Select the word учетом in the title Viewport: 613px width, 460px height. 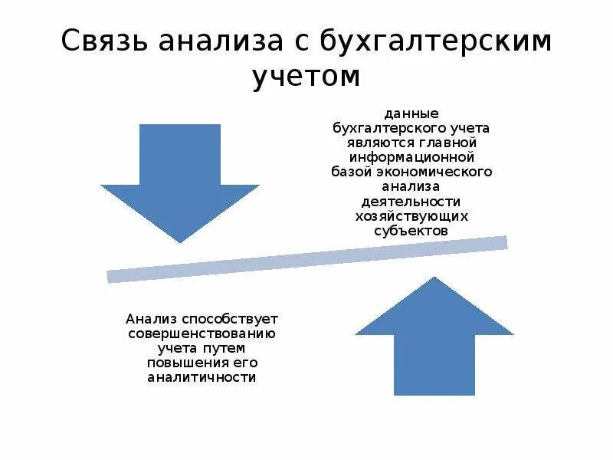click(306, 77)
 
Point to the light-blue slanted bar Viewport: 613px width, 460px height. click(306, 260)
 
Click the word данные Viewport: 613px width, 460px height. click(412, 113)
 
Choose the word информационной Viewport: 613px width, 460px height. click(412, 157)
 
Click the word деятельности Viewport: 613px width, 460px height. click(412, 201)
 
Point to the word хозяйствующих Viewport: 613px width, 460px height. click(412, 215)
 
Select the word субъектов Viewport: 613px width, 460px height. click(412, 230)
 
